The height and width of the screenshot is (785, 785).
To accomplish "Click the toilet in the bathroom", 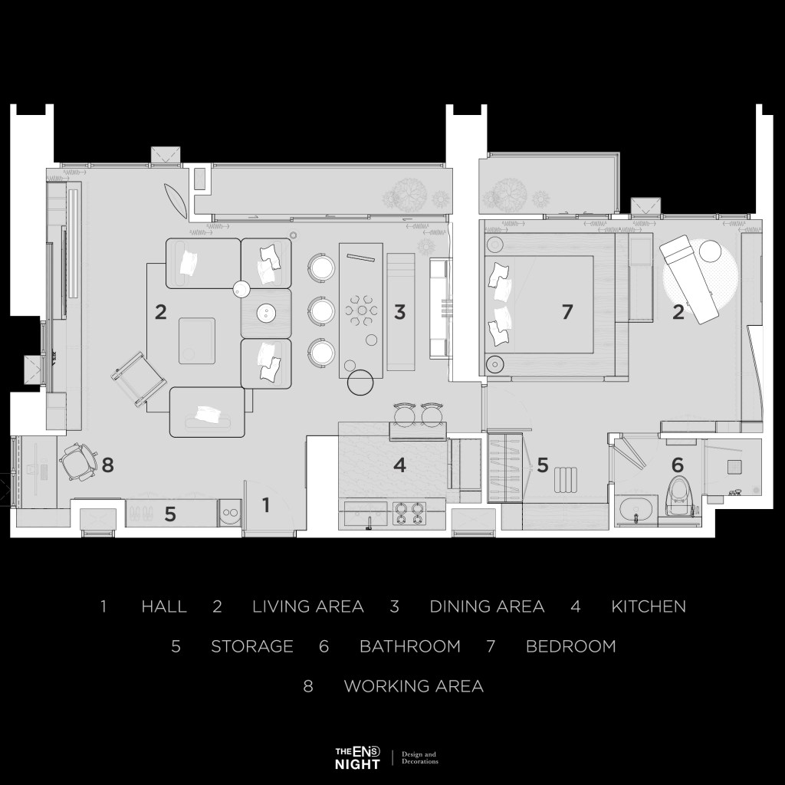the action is click(x=679, y=496).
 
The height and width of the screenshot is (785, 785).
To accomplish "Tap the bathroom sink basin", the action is click(x=636, y=510).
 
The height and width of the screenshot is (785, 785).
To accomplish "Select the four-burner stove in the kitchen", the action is click(x=409, y=513).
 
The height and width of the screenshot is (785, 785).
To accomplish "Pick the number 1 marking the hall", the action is click(x=266, y=505).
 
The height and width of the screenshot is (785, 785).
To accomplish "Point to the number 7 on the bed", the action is click(x=567, y=312).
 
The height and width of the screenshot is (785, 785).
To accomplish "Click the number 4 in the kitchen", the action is click(x=399, y=465).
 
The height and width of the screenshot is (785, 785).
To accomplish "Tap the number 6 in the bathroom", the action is click(x=677, y=465).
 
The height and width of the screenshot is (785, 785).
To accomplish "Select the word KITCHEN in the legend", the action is click(x=649, y=606).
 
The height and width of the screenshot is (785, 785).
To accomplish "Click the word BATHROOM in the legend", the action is click(x=410, y=646).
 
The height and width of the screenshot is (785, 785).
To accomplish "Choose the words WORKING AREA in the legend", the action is click(x=413, y=686).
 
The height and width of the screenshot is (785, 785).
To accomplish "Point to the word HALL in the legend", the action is click(x=164, y=606).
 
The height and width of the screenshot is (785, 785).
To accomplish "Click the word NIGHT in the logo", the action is click(x=357, y=764).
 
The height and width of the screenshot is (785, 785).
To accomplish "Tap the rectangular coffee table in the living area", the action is click(x=197, y=340).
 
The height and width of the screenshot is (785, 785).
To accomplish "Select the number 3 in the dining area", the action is click(x=399, y=312).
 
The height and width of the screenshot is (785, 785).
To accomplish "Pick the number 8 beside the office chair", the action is click(x=107, y=465).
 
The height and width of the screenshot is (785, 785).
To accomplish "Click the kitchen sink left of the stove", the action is click(x=366, y=513).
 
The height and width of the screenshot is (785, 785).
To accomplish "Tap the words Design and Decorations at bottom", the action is click(x=419, y=757).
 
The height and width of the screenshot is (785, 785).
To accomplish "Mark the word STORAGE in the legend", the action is click(x=252, y=646).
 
